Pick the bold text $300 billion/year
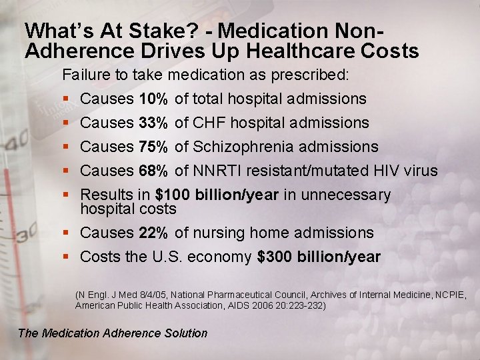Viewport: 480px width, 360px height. pyautogui.click(x=319, y=257)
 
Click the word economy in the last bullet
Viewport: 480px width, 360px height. pyautogui.click(x=221, y=257)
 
